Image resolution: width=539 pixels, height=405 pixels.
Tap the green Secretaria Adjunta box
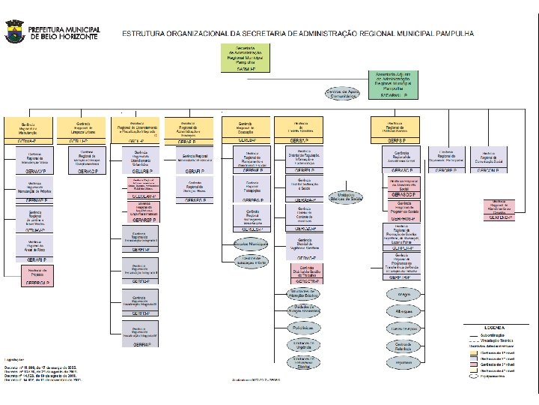click(395, 84)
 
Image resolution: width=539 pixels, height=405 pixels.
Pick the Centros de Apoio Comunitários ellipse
click(343, 94)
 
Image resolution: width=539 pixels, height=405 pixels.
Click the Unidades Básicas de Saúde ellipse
click(346, 198)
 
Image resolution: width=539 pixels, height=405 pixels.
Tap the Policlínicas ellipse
click(302, 328)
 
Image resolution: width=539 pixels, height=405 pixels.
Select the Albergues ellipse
click(403, 311)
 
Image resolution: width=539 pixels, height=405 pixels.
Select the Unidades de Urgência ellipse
click(302, 345)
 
